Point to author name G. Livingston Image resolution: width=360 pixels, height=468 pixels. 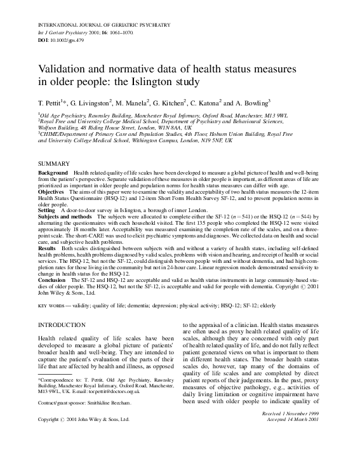coord(88,102)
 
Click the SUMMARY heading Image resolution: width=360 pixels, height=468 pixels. coord(53,164)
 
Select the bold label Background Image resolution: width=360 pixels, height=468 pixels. coord(53,173)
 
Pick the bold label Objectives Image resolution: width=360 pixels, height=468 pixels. coord(51,191)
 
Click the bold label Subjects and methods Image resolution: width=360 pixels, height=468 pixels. coord(65,216)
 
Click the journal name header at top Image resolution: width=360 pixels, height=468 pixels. coord(101,23)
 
